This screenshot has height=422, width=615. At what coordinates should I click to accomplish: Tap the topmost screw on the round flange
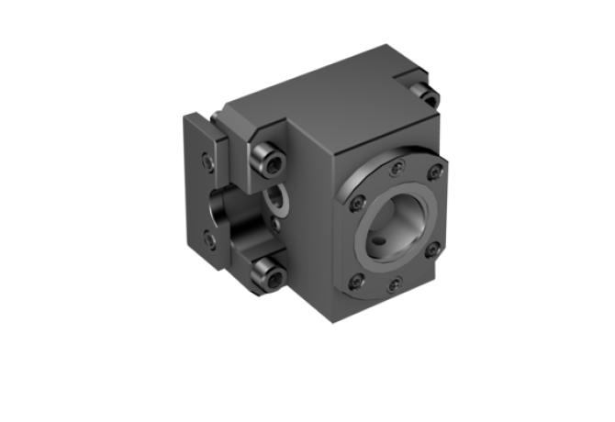(396, 166)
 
